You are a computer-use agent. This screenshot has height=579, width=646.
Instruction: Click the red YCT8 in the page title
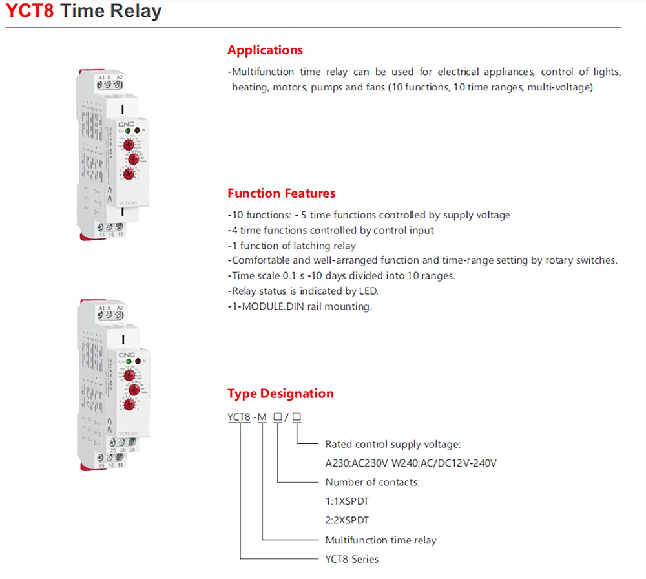(29, 11)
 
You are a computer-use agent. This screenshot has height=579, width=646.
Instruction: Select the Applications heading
(265, 50)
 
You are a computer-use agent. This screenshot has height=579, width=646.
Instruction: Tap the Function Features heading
(281, 193)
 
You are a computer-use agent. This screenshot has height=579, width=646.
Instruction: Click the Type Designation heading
(280, 394)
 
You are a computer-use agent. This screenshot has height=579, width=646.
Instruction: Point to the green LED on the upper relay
(128, 131)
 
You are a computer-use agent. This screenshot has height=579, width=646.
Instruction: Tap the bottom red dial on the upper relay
(129, 175)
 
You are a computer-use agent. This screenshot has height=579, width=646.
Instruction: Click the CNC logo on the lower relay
(125, 354)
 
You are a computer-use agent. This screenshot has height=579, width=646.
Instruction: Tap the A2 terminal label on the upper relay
(120, 77)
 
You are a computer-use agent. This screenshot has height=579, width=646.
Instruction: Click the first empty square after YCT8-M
(277, 417)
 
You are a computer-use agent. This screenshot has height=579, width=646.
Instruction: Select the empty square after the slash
(297, 417)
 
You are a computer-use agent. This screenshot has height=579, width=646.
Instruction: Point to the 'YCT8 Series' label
(351, 559)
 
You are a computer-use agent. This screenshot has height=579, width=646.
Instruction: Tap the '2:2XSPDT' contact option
(347, 520)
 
